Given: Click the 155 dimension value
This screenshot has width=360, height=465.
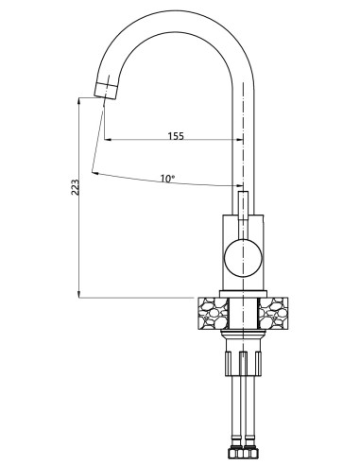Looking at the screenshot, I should [x=175, y=135].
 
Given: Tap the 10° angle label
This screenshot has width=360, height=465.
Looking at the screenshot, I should [x=166, y=178].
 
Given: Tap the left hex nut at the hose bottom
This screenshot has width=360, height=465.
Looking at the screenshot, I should [x=231, y=451].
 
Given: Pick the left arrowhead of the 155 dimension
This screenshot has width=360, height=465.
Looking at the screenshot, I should [x=107, y=142].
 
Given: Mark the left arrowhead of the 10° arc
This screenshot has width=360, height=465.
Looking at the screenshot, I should [x=95, y=172].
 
